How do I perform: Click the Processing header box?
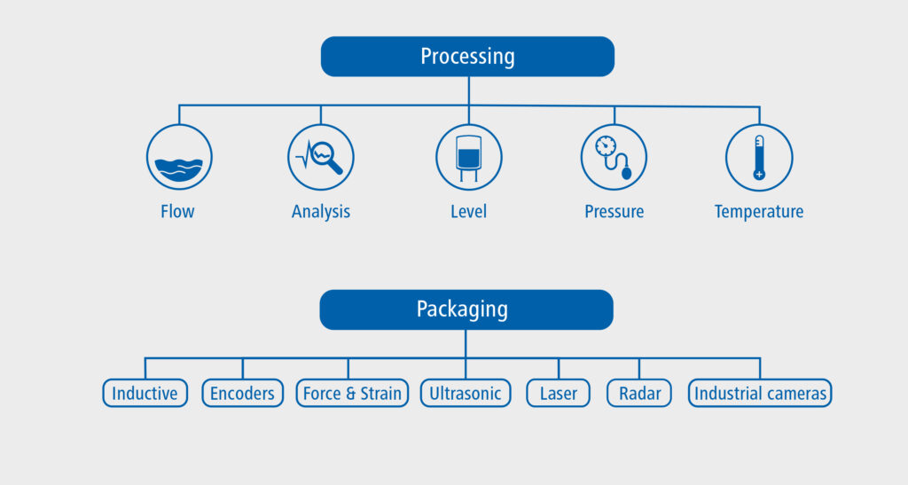click(x=467, y=57)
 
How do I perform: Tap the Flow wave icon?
click(x=179, y=157)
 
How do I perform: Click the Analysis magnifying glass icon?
click(x=321, y=157)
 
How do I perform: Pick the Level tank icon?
click(x=468, y=157)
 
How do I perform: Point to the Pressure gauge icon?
click(x=614, y=157)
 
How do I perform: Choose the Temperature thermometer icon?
click(x=759, y=157)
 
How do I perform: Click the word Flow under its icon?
click(x=178, y=212)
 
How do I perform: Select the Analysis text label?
click(x=321, y=212)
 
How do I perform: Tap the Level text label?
click(x=468, y=212)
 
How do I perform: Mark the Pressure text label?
click(x=614, y=212)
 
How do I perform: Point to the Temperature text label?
click(x=759, y=212)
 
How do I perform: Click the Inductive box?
click(x=145, y=394)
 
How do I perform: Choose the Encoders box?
click(x=243, y=394)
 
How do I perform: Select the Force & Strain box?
click(x=352, y=394)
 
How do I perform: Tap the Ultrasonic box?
click(x=466, y=394)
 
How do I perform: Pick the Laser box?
click(x=559, y=394)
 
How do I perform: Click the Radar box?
click(x=638, y=394)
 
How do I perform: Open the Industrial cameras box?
click(x=760, y=394)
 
